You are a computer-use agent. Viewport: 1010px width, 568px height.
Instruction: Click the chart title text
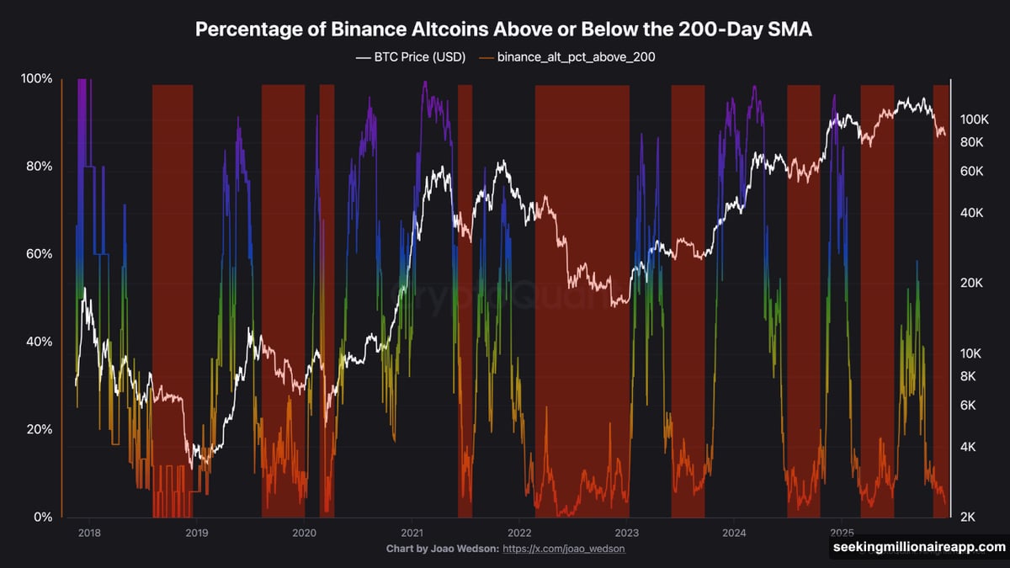click(504, 29)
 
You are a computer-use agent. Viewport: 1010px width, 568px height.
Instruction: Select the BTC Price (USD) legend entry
click(411, 58)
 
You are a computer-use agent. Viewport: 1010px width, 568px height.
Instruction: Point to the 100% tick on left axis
click(36, 79)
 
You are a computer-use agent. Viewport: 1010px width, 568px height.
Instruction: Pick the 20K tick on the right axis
click(972, 283)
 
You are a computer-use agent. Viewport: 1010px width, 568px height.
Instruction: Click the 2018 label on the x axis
click(88, 533)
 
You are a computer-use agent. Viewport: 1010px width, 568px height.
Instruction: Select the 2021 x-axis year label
click(412, 533)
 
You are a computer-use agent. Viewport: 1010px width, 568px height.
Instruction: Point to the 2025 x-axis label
click(842, 533)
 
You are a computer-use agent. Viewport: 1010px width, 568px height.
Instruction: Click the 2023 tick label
click(627, 533)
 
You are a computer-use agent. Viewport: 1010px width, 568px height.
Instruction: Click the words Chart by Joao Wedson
click(441, 549)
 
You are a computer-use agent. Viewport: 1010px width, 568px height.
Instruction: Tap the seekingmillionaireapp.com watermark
click(917, 547)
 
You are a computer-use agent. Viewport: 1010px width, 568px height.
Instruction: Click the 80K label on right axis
click(972, 142)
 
